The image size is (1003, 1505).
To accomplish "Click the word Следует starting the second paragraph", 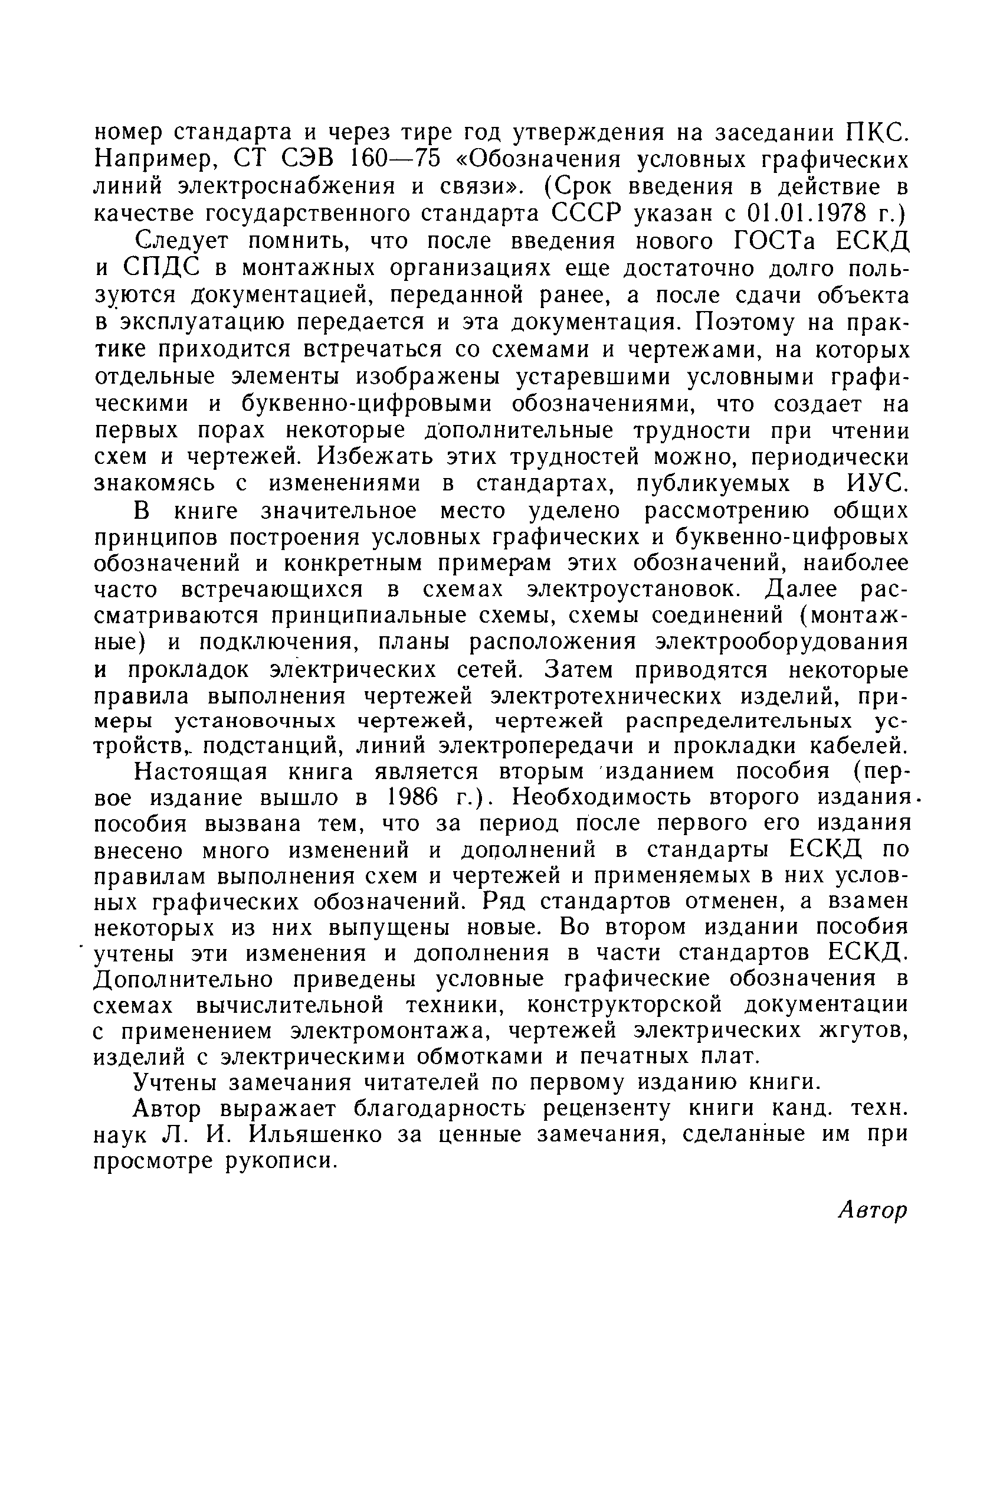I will [x=182, y=241].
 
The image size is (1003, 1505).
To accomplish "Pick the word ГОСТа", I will [x=775, y=241].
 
